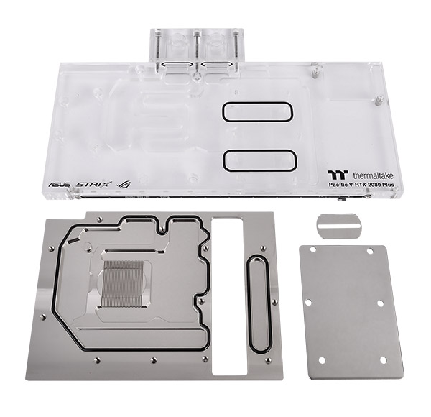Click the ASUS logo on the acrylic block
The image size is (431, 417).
point(60,184)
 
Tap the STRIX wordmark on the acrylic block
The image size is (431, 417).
point(94,184)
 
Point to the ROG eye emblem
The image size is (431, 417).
point(123,184)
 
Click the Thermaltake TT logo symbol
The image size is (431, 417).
point(338,175)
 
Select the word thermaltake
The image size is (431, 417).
point(373,175)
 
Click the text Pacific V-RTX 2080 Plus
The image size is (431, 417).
point(361,185)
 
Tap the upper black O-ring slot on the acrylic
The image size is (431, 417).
point(257,111)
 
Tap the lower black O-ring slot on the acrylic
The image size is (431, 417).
point(260,160)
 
